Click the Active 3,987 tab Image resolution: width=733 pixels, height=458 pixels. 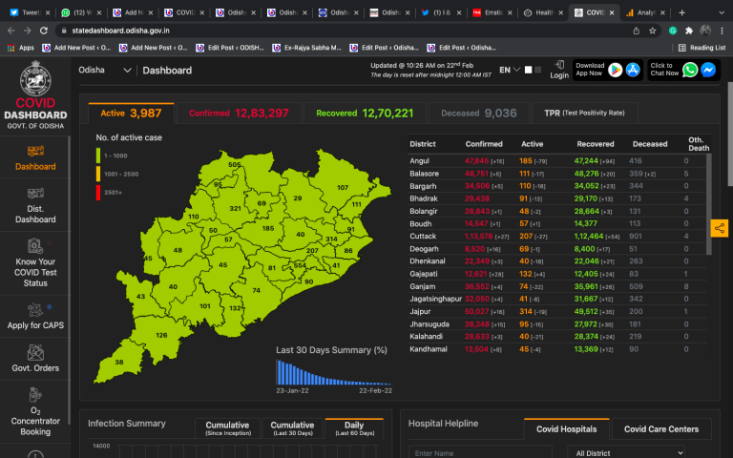coord(131,114)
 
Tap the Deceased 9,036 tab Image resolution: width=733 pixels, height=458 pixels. coord(479,114)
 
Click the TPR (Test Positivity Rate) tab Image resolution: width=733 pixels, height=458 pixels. coord(584,114)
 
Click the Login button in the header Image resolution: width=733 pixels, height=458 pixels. coord(559,70)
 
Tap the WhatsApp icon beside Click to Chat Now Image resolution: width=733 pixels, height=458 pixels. coord(690,70)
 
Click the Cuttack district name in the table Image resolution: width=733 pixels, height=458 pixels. coord(423,235)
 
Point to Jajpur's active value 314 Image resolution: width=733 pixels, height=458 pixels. coord(526,311)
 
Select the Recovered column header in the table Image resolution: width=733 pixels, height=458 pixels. coord(597,144)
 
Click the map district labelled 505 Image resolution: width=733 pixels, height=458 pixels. coord(234,164)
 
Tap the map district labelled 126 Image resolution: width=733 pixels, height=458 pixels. coord(161,335)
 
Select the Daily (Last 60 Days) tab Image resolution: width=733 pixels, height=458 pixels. coord(353,429)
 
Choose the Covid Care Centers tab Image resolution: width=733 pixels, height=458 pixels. coord(660,429)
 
